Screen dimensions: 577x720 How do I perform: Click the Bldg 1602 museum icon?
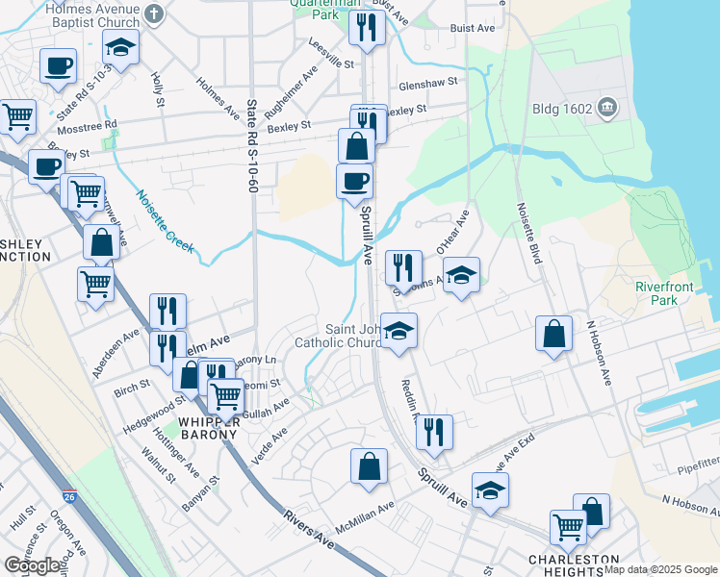click(607, 106)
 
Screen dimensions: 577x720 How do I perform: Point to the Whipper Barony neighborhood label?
click(206, 427)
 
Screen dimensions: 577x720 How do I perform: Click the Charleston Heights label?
click(573, 564)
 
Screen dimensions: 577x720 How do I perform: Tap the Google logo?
click(32, 565)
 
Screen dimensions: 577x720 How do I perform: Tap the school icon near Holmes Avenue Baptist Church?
click(121, 45)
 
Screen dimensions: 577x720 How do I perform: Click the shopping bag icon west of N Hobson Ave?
click(554, 334)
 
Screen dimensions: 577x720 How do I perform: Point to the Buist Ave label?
click(472, 30)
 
